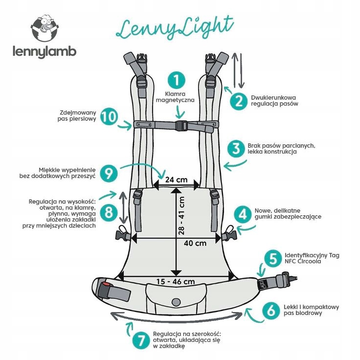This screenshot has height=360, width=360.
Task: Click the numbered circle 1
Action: (x=177, y=80)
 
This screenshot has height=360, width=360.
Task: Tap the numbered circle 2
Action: (x=239, y=101)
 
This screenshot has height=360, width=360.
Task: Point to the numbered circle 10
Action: (x=110, y=117)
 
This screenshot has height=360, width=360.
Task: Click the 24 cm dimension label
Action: (x=176, y=180)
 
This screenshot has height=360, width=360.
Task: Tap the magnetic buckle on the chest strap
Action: (x=180, y=125)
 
